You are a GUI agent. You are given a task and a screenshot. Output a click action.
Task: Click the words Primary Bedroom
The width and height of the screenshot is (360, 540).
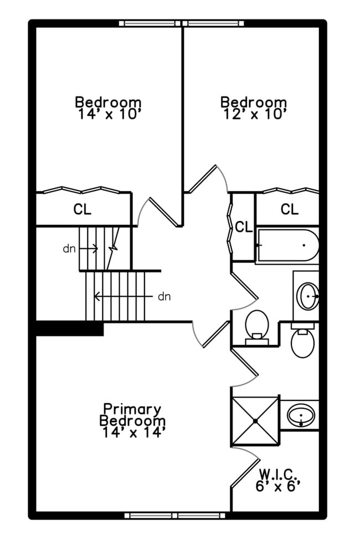[132, 415]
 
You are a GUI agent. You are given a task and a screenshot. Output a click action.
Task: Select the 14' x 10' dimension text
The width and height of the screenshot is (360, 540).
[108, 115]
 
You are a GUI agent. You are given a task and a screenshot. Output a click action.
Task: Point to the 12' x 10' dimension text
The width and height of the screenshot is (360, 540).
[254, 115]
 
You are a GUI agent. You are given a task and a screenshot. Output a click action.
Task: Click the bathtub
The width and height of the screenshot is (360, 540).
[287, 245]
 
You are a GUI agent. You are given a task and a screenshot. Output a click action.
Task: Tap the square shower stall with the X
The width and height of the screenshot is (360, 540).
[255, 421]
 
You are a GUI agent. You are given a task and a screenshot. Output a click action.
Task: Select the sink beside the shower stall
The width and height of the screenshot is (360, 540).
[301, 415]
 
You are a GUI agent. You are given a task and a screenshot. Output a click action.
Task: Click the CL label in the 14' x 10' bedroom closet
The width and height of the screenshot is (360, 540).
[83, 210]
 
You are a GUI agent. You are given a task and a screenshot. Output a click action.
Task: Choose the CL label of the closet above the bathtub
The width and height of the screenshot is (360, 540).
[289, 209]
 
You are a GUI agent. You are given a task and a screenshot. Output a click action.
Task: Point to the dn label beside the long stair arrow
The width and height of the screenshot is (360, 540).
[164, 296]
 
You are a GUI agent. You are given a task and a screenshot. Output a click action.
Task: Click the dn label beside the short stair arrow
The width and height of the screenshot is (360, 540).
[69, 249]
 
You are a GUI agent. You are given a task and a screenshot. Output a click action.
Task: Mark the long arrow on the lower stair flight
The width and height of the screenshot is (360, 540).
[122, 296]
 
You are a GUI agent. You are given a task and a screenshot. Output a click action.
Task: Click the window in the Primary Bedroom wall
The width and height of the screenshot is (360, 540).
[176, 516]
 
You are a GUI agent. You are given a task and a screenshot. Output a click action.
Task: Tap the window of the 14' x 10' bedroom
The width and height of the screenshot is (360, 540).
[150, 23]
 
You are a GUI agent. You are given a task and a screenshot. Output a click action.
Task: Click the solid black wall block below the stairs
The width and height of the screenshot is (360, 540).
[70, 329]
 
